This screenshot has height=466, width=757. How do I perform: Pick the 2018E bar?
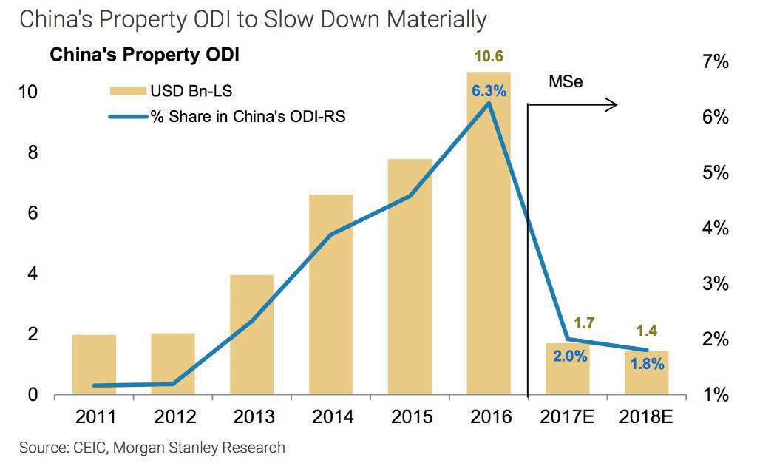(x=646, y=373)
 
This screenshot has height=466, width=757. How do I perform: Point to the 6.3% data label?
(x=489, y=92)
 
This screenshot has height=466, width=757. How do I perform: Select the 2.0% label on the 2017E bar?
(x=569, y=357)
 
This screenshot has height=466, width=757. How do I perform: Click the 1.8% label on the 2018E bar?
(x=648, y=365)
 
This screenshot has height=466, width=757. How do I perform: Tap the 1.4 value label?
(x=647, y=330)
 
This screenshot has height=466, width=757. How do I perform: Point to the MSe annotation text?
(x=566, y=81)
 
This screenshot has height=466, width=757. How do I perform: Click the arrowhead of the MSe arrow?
(x=613, y=105)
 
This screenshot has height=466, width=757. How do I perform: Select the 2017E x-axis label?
(x=568, y=417)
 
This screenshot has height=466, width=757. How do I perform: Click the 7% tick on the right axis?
(x=715, y=63)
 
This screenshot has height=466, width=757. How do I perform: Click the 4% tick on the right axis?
(x=715, y=229)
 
